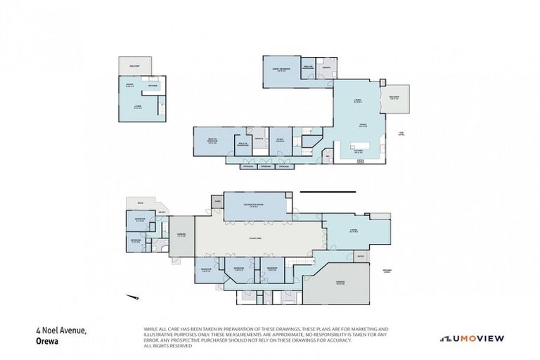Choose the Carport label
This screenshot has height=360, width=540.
(x=181, y=236)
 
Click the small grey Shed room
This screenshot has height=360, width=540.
(x=217, y=202)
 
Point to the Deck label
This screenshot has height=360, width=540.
(x=141, y=202)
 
